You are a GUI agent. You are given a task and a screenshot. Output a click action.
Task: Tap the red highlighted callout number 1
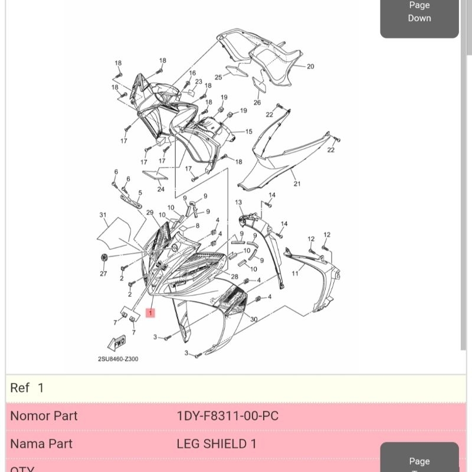(150, 313)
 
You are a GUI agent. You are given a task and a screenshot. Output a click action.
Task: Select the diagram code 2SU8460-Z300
(118, 359)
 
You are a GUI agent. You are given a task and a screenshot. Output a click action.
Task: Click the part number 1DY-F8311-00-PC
(227, 416)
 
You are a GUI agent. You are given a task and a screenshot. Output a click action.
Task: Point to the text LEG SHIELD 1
(217, 444)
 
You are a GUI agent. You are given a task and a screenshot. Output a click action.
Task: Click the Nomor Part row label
(44, 416)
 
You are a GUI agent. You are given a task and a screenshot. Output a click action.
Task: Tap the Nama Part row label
(41, 444)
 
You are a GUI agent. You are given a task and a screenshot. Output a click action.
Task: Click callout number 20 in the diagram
(310, 66)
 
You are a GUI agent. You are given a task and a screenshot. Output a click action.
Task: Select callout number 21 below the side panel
(297, 184)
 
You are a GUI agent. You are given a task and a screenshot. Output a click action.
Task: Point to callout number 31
(103, 214)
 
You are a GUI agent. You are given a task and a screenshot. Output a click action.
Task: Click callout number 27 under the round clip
(103, 274)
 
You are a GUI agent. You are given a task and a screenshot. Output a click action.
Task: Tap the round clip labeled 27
(104, 258)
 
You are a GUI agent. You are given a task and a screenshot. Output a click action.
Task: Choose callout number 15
(248, 132)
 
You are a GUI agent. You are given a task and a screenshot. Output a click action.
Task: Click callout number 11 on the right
(295, 273)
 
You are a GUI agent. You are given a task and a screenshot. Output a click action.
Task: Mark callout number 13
(239, 202)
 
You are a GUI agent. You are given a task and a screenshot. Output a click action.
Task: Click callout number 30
(254, 319)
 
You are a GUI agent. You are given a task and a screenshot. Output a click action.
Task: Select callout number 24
(160, 189)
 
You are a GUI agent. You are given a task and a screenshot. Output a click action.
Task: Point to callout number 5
(140, 192)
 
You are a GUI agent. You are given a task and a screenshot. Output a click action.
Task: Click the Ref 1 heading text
(27, 388)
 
